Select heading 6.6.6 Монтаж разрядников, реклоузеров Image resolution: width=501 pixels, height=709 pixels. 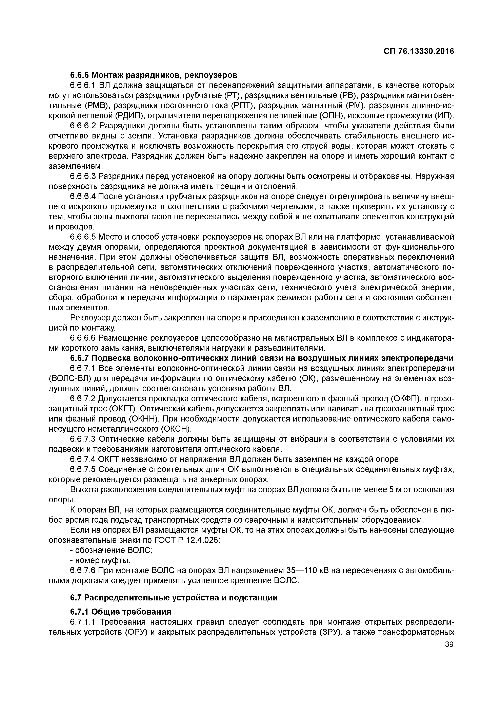pos(154,75)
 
